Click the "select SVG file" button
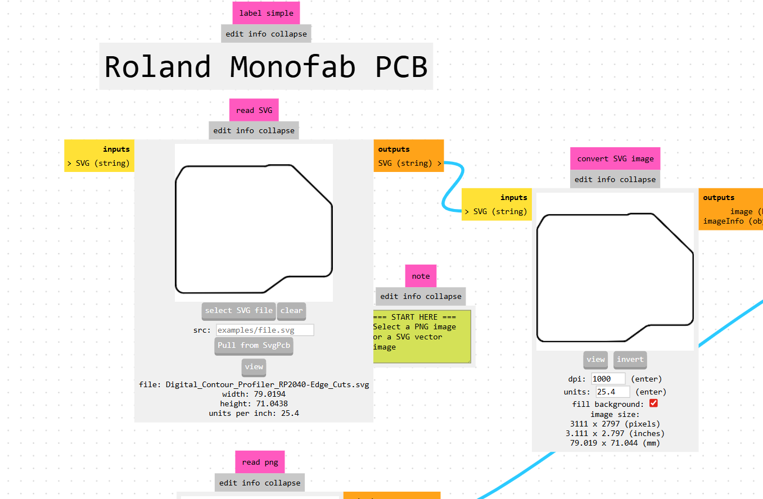point(238,310)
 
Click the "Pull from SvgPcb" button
point(254,346)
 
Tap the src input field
point(265,330)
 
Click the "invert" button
point(630,360)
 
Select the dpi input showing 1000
point(608,379)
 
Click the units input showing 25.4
point(613,392)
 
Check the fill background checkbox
point(653,403)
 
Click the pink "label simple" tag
point(266,13)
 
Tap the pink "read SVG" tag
point(254,110)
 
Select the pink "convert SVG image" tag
point(615,158)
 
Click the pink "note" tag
point(421,276)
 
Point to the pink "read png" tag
point(260,462)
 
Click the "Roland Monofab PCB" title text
point(266,66)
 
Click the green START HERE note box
point(422,336)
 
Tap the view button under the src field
point(254,366)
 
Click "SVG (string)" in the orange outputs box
point(405,164)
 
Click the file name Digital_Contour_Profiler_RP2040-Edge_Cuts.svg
point(267,385)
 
